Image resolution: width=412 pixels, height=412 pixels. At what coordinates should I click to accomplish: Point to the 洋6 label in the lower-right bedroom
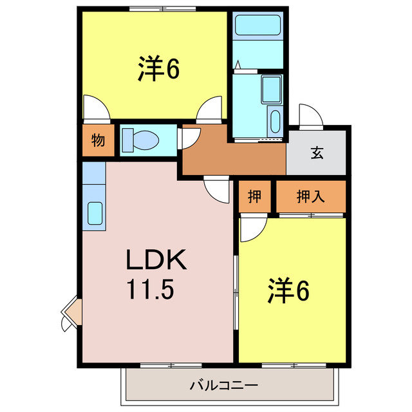coord(288,291)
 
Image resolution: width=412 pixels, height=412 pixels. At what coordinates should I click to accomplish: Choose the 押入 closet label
coord(310,197)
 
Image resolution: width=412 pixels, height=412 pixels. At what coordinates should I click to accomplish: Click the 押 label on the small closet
coord(255,197)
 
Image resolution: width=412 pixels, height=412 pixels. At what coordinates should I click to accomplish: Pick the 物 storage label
coord(98,140)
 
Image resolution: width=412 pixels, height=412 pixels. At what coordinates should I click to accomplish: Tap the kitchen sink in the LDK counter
coord(95,212)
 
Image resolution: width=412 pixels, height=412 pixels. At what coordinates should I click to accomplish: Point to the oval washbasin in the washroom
coord(276,120)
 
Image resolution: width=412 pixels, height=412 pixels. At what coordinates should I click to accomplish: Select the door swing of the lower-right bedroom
coord(252,229)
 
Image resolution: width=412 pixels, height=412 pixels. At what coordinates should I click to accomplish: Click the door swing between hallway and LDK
coord(218,189)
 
